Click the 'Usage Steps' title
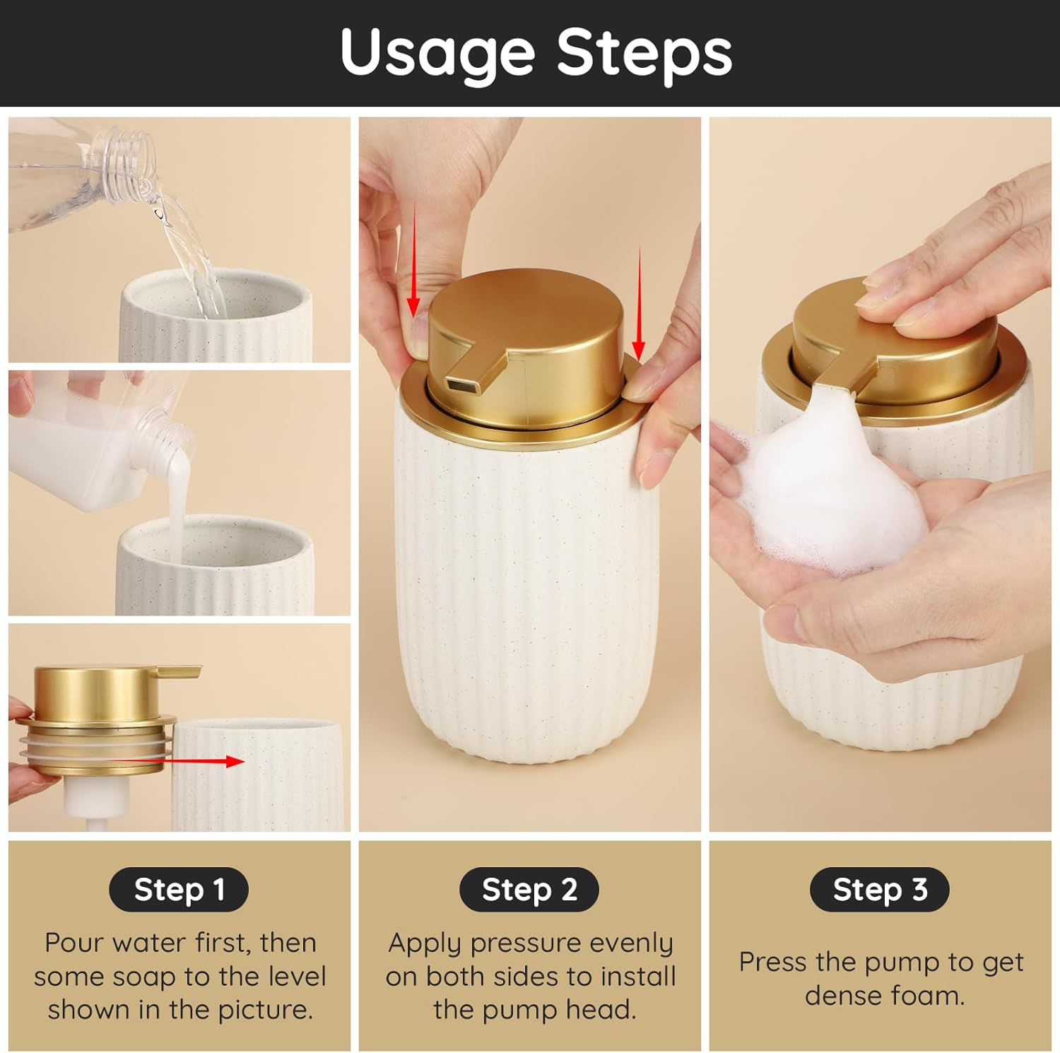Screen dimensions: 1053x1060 (x=536, y=53)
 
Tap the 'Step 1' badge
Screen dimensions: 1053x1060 (x=179, y=889)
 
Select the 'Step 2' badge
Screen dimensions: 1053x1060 (x=529, y=889)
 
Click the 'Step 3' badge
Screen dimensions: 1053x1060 (x=880, y=889)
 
